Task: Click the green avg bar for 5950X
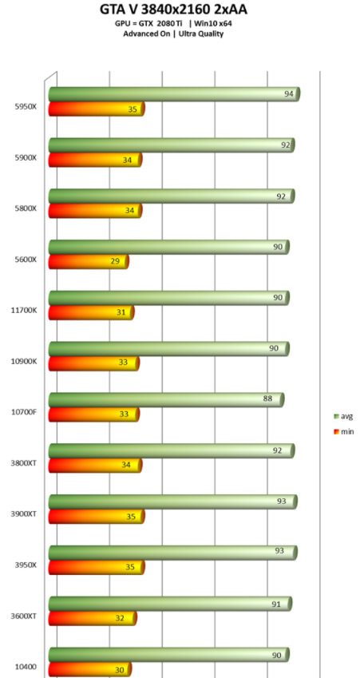point(174,94)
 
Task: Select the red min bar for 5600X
point(89,262)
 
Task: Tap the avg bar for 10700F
point(166,399)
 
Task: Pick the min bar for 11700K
point(92,312)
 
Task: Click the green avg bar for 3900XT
point(173,502)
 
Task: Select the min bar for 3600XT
point(93,618)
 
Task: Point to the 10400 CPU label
point(26,666)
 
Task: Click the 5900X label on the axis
point(26,157)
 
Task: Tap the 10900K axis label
point(24,361)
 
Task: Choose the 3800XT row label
point(24,462)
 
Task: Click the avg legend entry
point(343,416)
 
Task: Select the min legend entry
point(343,431)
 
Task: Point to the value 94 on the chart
point(289,94)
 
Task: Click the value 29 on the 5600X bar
point(115,262)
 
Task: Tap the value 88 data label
point(267,399)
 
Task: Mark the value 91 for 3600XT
point(275,604)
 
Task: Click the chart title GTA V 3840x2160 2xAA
point(174,9)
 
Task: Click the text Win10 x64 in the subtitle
point(213,23)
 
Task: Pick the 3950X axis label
point(26,565)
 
